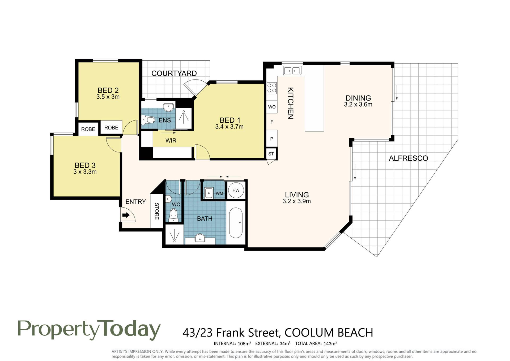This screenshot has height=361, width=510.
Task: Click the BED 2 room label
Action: [x=108, y=90]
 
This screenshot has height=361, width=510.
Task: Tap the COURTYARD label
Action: [x=174, y=73]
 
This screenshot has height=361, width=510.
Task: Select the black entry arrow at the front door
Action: [x=126, y=215]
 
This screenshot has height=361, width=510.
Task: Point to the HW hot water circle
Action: [x=236, y=190]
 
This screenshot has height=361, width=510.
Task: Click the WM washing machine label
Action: [x=219, y=193]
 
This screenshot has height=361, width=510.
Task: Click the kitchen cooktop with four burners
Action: [x=272, y=88]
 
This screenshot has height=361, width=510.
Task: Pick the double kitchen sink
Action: [x=292, y=71]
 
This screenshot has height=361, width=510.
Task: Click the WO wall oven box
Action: [x=272, y=107]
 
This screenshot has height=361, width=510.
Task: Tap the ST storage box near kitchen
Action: [x=271, y=154]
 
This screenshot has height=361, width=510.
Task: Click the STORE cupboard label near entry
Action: [x=157, y=211]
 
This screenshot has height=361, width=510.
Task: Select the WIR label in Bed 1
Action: [x=171, y=140]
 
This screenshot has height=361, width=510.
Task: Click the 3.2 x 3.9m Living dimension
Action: [x=297, y=201]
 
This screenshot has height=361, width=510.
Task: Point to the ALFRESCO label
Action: [x=409, y=158]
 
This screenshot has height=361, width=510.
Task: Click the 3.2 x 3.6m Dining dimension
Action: [x=358, y=105]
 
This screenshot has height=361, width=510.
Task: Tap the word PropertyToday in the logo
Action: [x=89, y=330]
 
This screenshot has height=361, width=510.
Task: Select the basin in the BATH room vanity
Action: [x=200, y=238]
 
